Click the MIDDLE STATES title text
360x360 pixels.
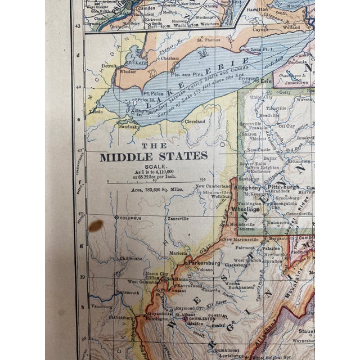[154, 156]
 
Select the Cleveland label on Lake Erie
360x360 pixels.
[193, 121]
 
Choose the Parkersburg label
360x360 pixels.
[204, 262]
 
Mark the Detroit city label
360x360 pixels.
[108, 66]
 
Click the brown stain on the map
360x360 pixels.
[96, 226]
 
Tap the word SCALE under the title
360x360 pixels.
[153, 166]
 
